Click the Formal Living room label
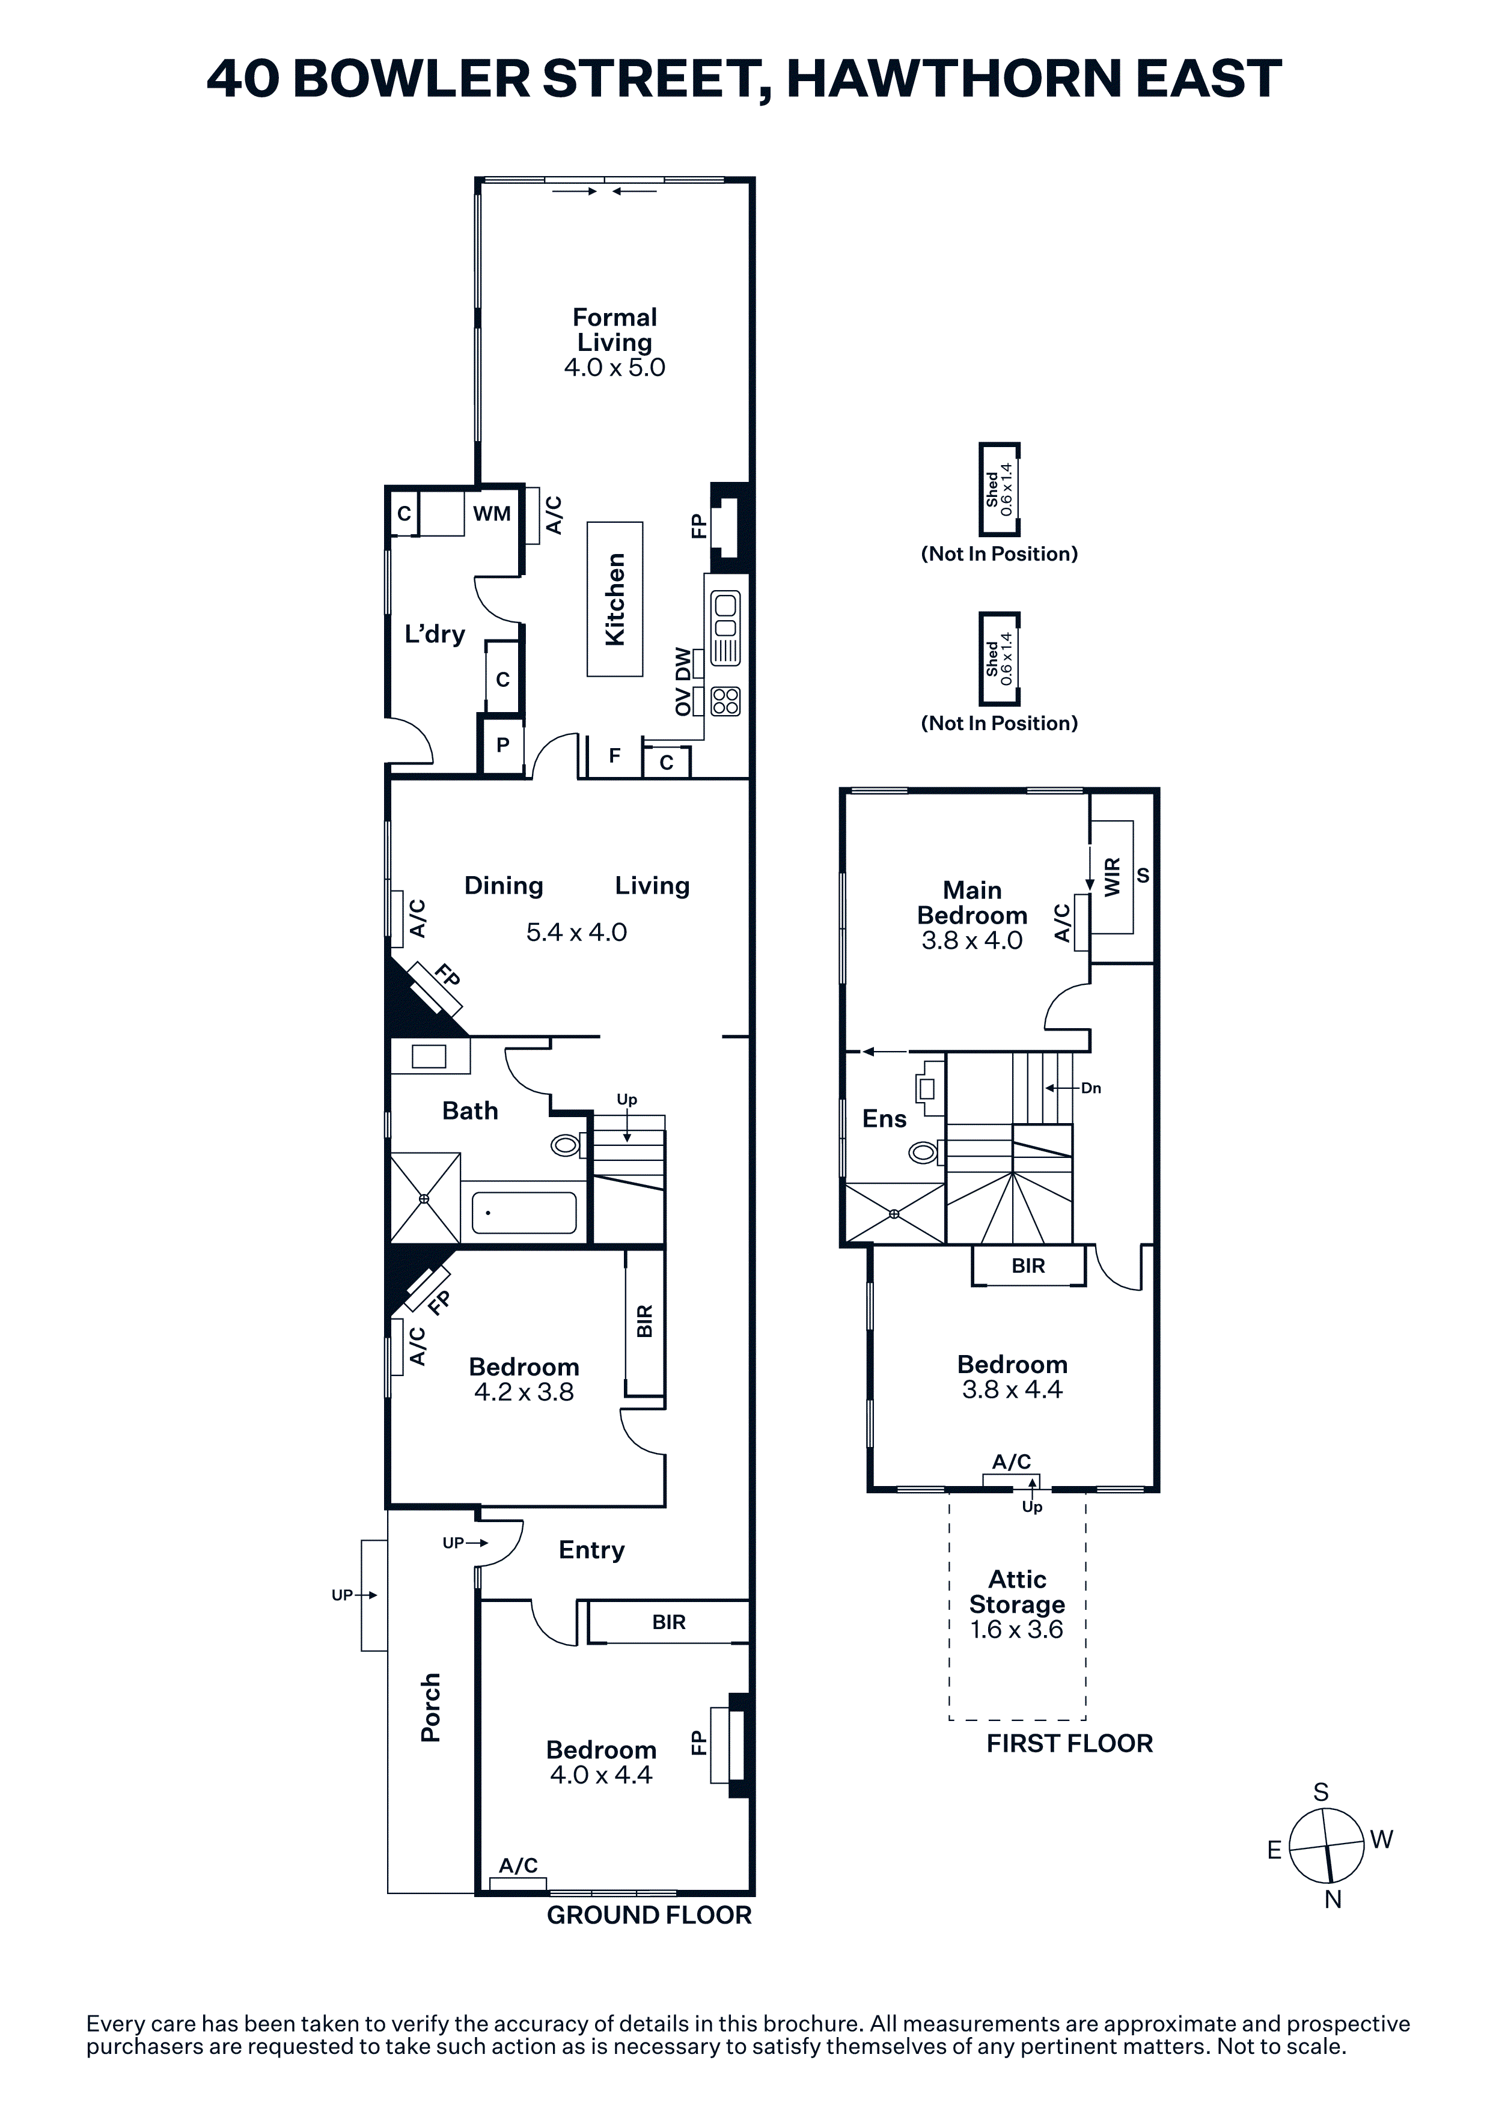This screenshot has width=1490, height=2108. click(x=614, y=330)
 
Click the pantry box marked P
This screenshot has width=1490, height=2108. click(x=502, y=745)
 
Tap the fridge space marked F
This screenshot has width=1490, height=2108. click(x=614, y=755)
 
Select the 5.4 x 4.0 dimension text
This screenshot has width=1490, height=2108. click(x=576, y=932)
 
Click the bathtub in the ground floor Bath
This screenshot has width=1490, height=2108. click(x=524, y=1213)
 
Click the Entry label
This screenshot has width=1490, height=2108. click(x=592, y=1551)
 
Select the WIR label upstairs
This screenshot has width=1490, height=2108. click(x=1113, y=877)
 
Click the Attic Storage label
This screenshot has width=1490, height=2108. click(x=1017, y=1592)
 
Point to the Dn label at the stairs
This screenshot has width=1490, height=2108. click(x=1091, y=1088)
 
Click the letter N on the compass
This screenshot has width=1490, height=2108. click(x=1333, y=1899)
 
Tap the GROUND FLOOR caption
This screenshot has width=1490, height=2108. click(x=649, y=1915)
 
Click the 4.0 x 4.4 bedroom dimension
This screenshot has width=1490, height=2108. click(x=601, y=1774)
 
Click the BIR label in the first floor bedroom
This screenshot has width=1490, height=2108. click(x=1028, y=1266)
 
